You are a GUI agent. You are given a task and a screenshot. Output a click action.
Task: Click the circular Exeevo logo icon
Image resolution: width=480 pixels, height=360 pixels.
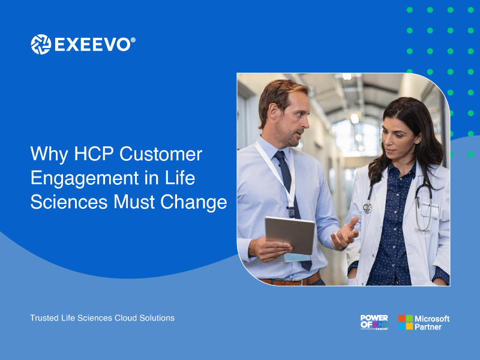click(x=41, y=44)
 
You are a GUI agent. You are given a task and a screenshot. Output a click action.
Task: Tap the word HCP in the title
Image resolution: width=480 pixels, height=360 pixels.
click(x=94, y=154)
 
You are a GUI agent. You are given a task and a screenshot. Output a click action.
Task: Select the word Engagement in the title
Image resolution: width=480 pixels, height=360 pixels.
click(x=85, y=178)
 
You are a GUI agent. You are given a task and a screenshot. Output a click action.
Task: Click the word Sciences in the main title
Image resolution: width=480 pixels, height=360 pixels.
click(x=69, y=202)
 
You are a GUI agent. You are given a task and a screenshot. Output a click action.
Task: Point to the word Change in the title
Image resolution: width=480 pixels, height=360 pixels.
click(x=194, y=203)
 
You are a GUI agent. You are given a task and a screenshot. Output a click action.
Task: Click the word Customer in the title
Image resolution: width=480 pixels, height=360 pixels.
click(x=161, y=154)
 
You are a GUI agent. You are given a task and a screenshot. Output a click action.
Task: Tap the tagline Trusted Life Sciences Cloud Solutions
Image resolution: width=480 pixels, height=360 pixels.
click(x=102, y=318)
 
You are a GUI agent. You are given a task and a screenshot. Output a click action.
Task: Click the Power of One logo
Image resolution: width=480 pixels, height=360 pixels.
click(x=374, y=322)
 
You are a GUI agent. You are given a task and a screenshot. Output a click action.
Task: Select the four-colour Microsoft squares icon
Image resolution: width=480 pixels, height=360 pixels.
click(x=406, y=322)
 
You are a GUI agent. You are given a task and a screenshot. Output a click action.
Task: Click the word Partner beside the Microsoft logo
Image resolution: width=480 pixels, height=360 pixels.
click(x=428, y=327)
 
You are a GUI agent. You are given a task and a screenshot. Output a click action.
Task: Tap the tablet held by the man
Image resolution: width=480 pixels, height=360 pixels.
click(x=290, y=235)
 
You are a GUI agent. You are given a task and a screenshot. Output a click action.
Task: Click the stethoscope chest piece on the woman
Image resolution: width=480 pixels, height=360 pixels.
click(x=367, y=208)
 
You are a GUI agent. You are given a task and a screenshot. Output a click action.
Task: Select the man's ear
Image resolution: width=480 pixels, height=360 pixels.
click(x=273, y=112)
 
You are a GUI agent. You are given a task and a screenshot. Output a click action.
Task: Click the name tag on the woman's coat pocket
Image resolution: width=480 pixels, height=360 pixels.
click(x=429, y=210)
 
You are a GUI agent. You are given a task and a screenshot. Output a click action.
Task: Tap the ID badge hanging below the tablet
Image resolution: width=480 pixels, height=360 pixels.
click(x=298, y=257)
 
